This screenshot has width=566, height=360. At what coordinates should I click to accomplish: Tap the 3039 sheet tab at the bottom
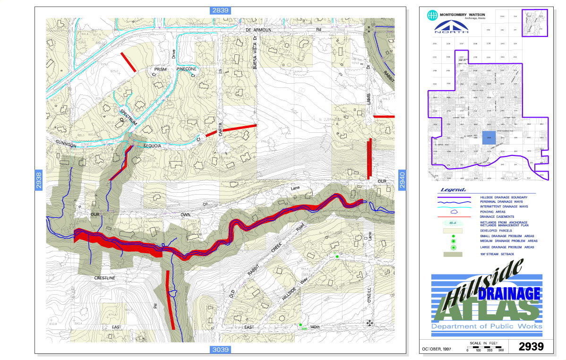tap(220, 350)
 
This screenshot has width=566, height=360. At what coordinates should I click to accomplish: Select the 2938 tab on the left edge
tap(39, 180)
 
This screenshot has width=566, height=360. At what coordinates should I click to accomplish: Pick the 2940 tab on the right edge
tap(402, 180)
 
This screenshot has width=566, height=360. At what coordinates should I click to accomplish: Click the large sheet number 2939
tap(531, 346)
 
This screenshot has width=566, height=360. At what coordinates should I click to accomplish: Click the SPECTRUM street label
tap(128, 115)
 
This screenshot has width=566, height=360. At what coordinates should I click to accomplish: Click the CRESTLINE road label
tap(104, 278)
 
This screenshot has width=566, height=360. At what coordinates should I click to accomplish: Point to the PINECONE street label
tap(186, 69)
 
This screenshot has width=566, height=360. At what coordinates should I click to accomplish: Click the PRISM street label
tap(156, 69)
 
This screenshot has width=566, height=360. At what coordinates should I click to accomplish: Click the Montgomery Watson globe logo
tap(431, 15)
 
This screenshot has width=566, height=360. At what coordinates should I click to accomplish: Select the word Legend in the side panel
tap(453, 189)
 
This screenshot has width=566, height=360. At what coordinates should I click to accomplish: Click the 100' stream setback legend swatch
tap(453, 254)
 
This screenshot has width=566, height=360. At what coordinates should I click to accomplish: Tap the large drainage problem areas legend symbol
tap(453, 247)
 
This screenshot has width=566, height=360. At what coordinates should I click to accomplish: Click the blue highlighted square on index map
tap(489, 137)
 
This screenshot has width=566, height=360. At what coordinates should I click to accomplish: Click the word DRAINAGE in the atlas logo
tap(509, 293)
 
